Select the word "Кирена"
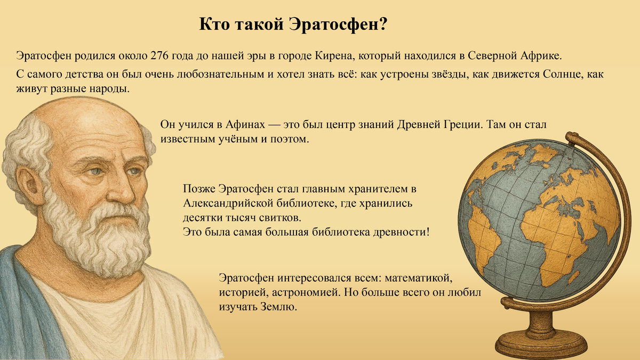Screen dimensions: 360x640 [x=334, y=55]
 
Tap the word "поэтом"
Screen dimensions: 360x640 [x=293, y=140]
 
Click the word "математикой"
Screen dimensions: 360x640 [x=419, y=279]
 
